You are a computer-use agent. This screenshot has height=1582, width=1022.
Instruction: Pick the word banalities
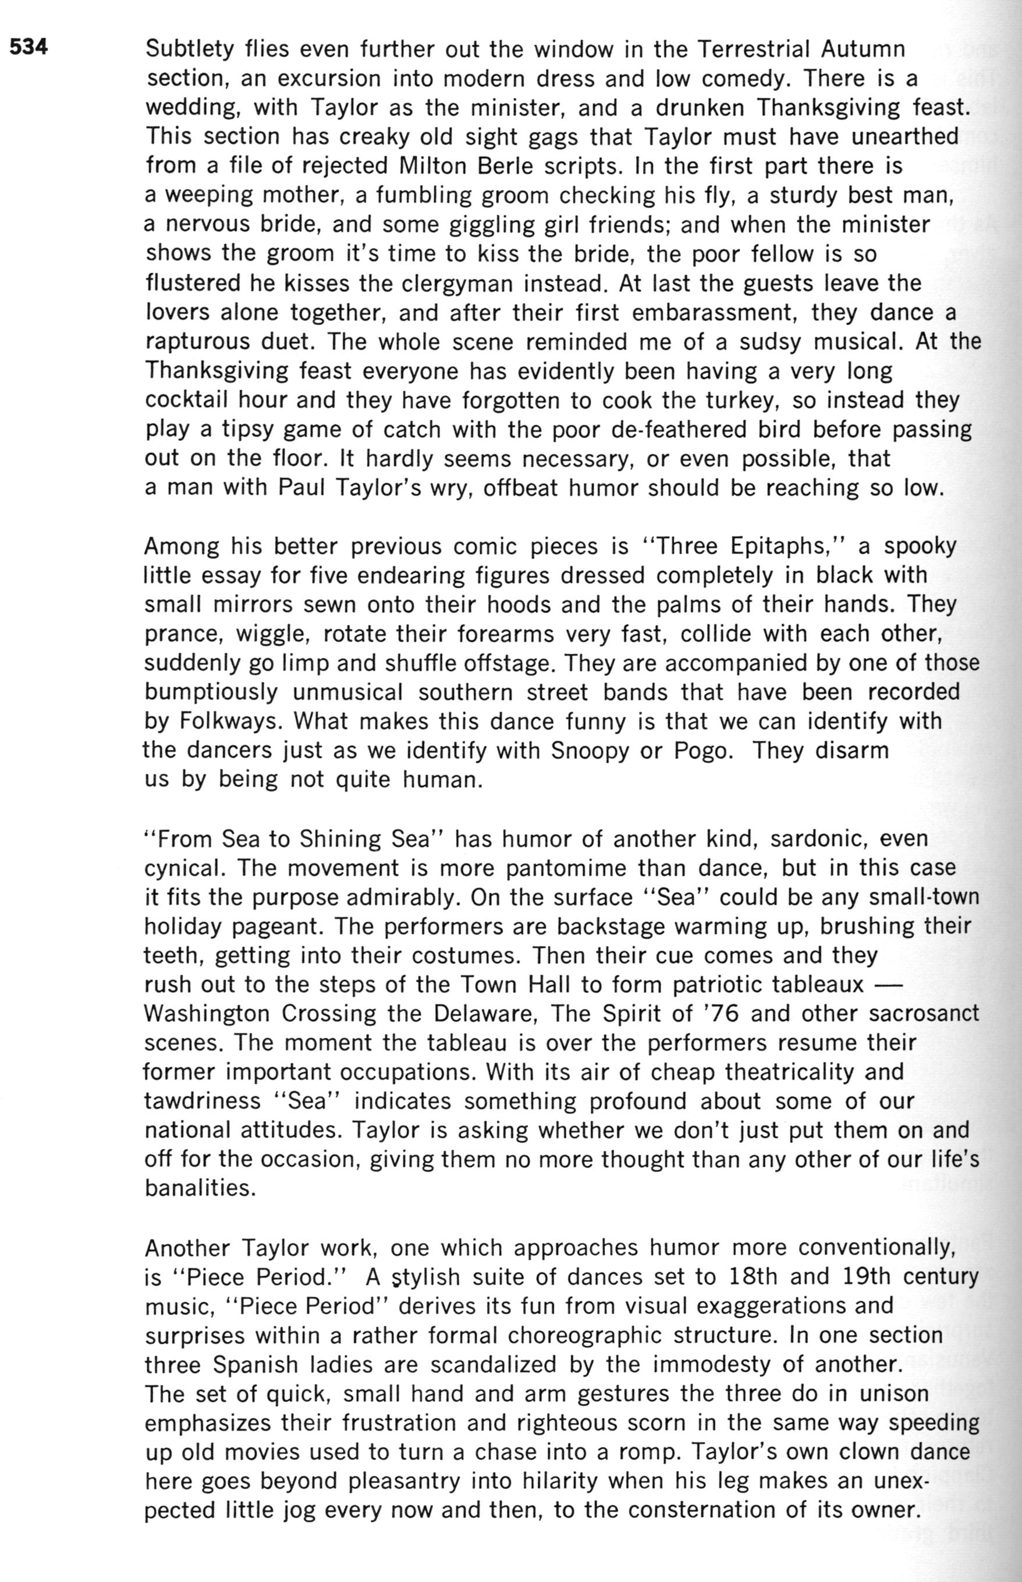tap(200, 1188)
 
